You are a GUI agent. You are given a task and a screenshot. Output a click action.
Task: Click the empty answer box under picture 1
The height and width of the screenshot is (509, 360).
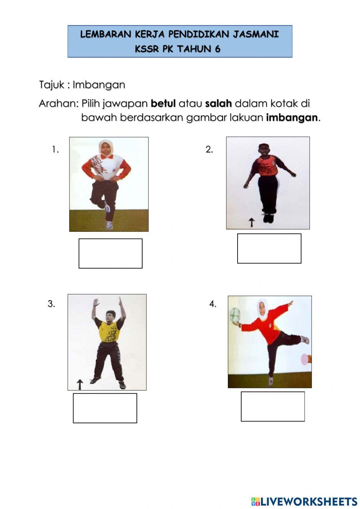111,253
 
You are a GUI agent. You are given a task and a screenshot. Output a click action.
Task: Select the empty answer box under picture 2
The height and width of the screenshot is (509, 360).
269,249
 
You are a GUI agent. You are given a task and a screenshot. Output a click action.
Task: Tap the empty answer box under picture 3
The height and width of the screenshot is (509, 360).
105,408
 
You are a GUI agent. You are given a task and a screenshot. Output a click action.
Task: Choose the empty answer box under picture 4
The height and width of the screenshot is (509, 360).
273,406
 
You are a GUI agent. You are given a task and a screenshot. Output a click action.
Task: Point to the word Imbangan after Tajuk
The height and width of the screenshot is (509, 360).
99,85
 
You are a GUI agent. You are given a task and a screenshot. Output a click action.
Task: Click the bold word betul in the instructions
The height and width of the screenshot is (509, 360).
163,104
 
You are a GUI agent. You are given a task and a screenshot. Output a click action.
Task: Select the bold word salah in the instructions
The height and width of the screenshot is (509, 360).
218,104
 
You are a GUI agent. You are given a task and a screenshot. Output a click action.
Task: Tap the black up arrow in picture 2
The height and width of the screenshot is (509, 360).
252,223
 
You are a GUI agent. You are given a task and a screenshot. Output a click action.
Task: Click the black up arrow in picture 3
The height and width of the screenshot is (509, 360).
80,384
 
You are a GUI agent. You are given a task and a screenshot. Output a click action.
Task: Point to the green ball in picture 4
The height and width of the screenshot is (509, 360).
235,314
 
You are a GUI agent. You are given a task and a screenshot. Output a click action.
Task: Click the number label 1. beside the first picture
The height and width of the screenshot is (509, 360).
55,149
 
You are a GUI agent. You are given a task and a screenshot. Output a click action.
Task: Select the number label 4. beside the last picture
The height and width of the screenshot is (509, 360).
213,304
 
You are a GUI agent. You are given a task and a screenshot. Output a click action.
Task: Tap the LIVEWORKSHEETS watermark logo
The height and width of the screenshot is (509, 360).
304,501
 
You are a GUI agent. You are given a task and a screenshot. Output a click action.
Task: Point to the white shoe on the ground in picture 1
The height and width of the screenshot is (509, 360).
109,226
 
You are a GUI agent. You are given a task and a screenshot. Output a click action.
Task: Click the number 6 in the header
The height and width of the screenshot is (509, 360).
217,49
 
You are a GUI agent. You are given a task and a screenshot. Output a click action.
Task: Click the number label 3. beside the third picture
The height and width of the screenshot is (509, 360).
51,304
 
